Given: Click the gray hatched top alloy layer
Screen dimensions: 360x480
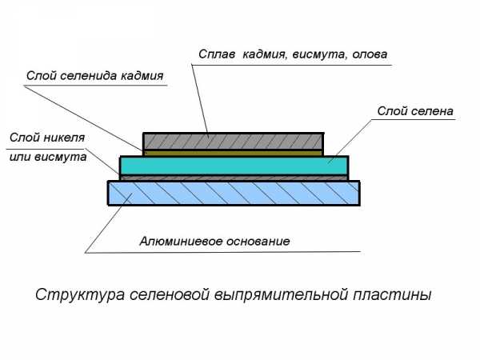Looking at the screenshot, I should coord(233,140).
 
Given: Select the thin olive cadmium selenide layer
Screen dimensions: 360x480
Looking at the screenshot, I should coord(233,151).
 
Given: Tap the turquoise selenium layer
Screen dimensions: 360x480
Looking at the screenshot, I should coord(233,165).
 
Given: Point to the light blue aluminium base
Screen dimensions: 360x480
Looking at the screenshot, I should coord(233,193).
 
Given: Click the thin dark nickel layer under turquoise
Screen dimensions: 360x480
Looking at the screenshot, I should coord(233,178).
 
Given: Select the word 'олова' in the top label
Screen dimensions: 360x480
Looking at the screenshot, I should coord(369,55).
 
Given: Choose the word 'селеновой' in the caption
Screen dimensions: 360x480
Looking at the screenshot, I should coord(166,294).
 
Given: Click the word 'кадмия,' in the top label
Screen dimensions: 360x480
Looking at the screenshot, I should coord(266,55).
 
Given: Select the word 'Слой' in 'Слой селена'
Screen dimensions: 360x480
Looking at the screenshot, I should coord(392,110).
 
